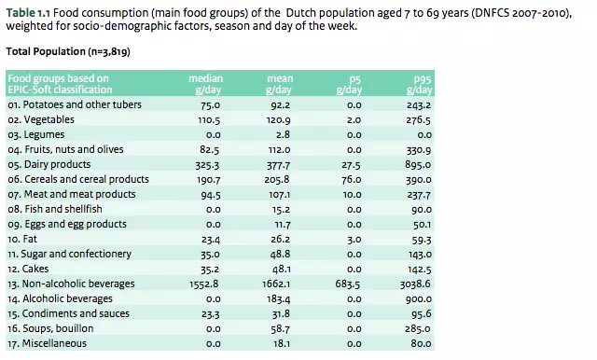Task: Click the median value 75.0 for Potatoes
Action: tap(210, 105)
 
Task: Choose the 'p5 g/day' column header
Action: tap(349, 83)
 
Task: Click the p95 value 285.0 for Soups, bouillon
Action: tap(417, 327)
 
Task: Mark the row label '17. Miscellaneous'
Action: tap(47, 342)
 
